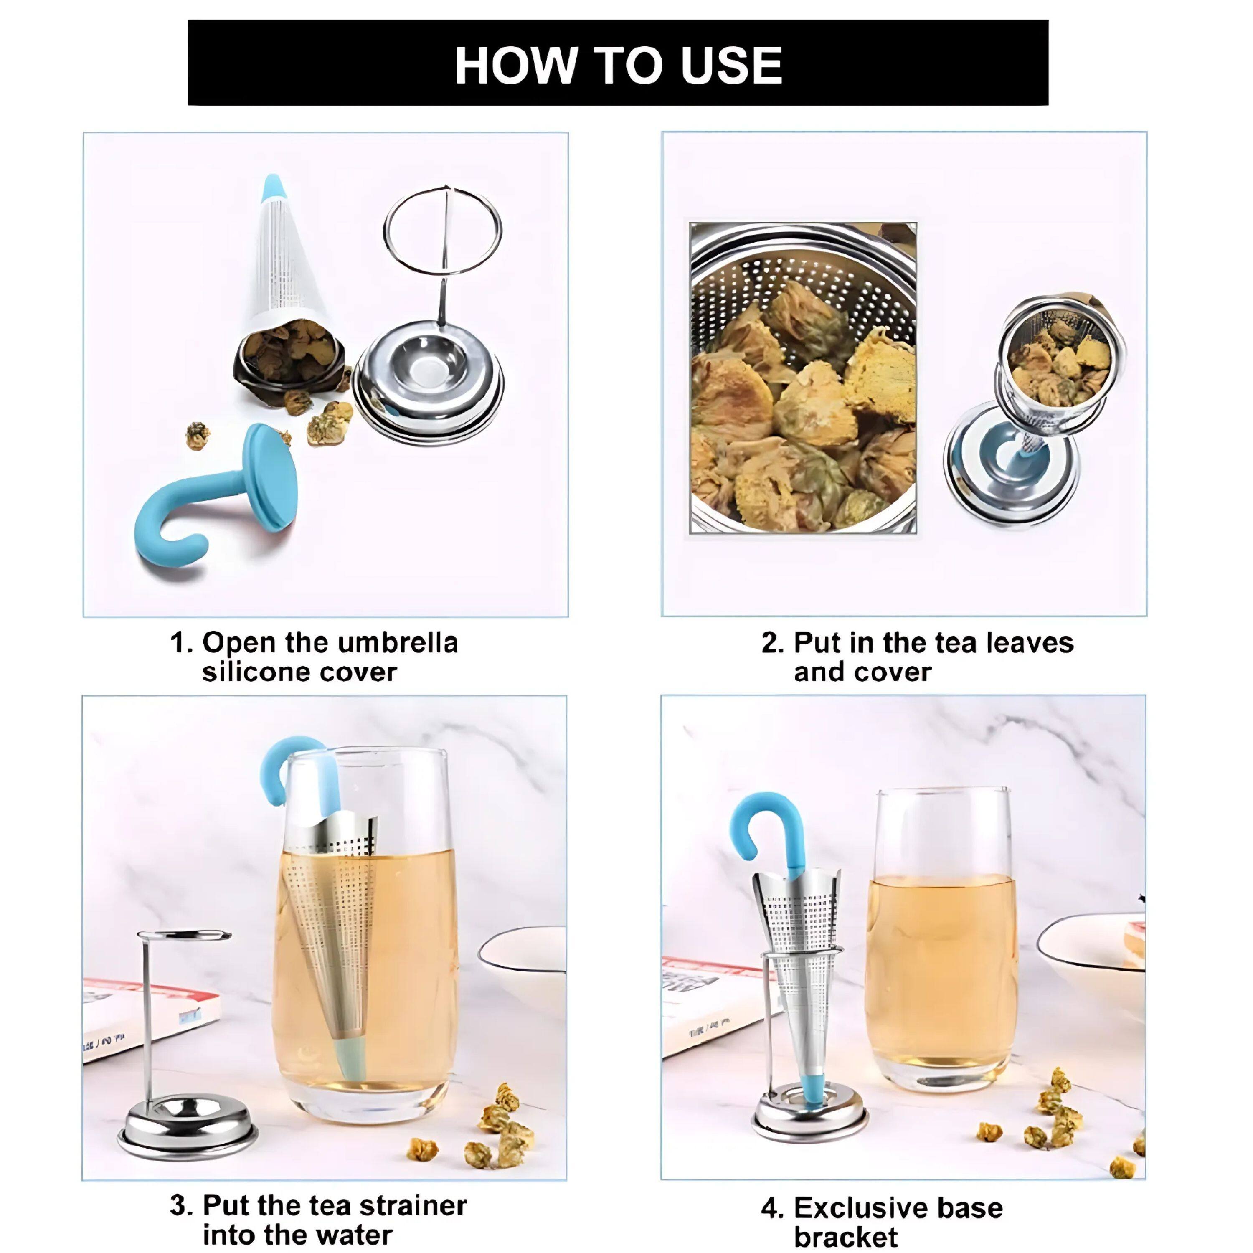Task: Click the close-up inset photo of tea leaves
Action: point(803,378)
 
